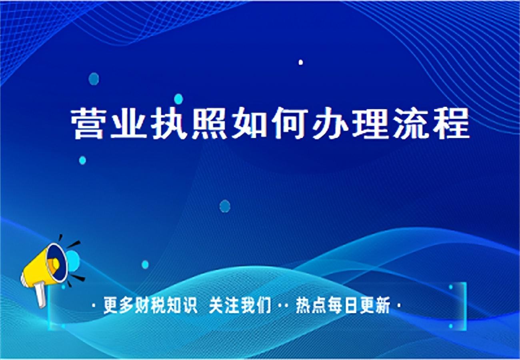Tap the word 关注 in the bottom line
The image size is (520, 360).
pyautogui.click(x=224, y=305)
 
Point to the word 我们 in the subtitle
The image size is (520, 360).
pyautogui.click(x=256, y=305)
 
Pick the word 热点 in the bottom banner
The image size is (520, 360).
pyautogui.click(x=311, y=305)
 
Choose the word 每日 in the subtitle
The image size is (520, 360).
pyautogui.click(x=343, y=305)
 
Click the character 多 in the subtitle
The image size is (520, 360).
pyautogui.click(x=126, y=305)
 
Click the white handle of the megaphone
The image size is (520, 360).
pyautogui.click(x=40, y=295)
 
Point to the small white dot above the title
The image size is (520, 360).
pyautogui.click(x=301, y=62)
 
